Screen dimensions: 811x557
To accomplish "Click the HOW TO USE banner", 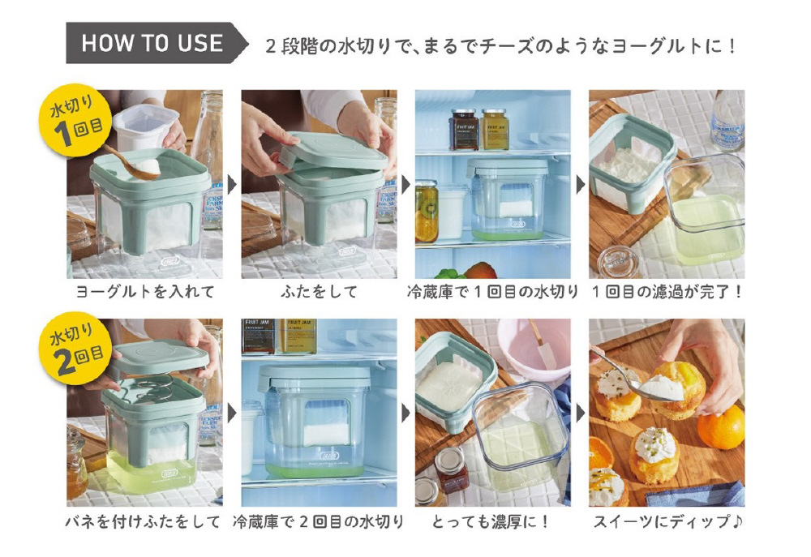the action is coord(155,43).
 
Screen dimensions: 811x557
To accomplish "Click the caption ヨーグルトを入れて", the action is coord(145,292).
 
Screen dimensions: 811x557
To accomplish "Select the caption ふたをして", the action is coord(319,292).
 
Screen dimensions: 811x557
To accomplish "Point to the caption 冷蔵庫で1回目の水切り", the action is coord(492,292).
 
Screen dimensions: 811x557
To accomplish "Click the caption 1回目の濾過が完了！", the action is coord(667,292).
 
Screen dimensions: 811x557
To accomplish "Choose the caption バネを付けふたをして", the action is coord(144,521).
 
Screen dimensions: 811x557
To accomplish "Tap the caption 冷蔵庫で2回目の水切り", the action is coord(319,521).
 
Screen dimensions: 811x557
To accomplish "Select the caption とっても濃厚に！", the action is coord(491,521).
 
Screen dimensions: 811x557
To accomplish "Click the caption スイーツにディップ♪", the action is coord(667,521).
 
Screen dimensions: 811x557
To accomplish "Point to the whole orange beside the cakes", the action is coord(721,427).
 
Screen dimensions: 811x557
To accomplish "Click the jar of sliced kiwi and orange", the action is coord(427,212).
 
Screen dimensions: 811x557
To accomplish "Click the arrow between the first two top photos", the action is coord(233,185).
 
